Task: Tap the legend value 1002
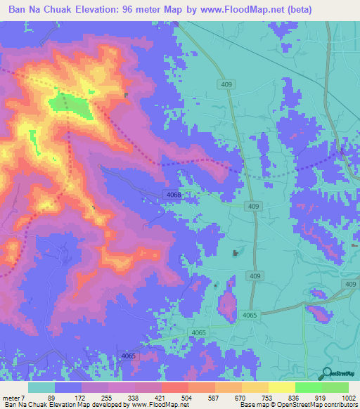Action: point(349,398)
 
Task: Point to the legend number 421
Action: point(161,398)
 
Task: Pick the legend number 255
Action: point(108,398)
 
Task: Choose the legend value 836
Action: point(295,398)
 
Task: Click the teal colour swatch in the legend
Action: point(41,387)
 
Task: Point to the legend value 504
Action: point(188,398)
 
